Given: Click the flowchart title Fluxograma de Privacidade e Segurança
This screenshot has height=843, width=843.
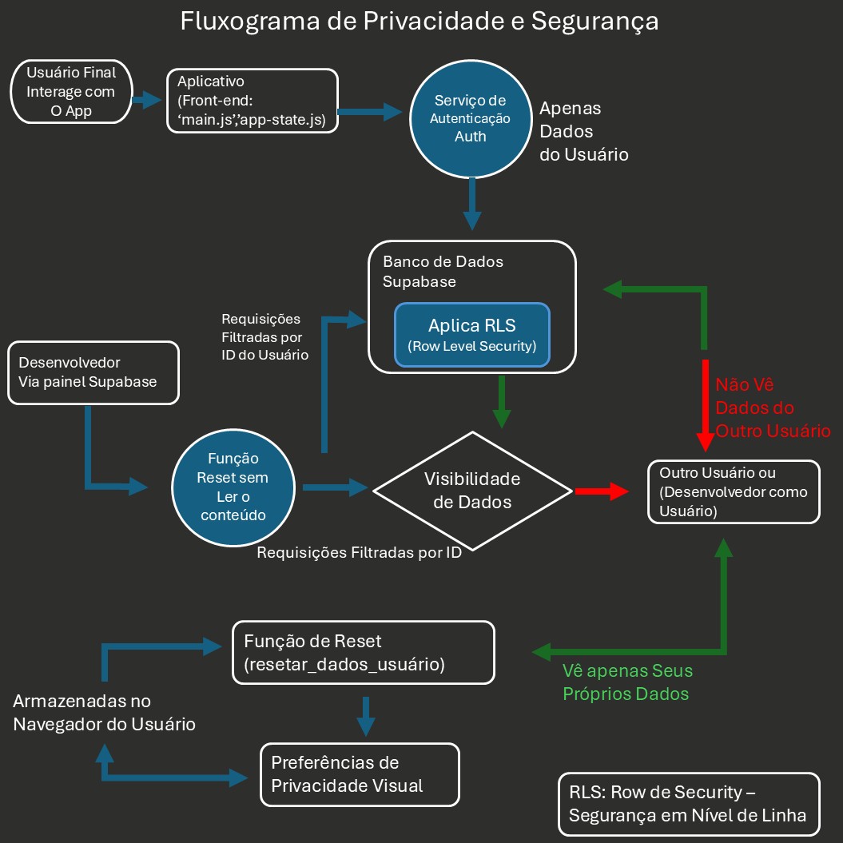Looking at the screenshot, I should (x=420, y=21).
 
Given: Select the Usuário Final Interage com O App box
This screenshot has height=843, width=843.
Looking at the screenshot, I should (x=71, y=92).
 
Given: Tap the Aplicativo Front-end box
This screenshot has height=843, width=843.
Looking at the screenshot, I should (x=252, y=101).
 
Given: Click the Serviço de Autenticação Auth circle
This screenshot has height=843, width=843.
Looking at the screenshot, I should (x=470, y=118).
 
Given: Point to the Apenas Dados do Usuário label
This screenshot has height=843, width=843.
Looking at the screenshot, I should (x=583, y=131).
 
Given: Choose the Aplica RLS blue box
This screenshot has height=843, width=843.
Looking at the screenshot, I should (x=471, y=334).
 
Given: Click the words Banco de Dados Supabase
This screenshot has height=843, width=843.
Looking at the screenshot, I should (x=443, y=272).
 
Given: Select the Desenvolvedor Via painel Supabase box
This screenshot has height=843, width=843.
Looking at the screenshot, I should (x=93, y=372).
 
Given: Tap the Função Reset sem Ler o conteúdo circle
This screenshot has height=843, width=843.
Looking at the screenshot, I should (x=233, y=487).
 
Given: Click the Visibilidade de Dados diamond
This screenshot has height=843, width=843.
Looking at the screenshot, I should (x=471, y=491).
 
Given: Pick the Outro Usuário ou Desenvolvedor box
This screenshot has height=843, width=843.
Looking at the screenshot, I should (x=734, y=491).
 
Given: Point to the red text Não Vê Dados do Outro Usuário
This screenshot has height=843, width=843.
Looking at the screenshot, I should (x=772, y=408).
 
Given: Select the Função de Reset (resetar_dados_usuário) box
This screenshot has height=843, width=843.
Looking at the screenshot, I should (x=363, y=652).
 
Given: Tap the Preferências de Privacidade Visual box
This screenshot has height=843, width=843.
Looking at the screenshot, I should (x=360, y=773).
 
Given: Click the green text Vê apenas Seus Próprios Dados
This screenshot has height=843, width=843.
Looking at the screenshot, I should (x=626, y=682).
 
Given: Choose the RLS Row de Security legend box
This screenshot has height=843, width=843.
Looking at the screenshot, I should (x=689, y=804).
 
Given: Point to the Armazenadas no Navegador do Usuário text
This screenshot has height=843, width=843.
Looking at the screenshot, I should (x=104, y=713).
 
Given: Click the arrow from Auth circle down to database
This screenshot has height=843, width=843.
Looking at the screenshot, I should (x=472, y=205).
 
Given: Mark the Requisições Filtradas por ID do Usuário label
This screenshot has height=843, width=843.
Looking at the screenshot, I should (x=264, y=336).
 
